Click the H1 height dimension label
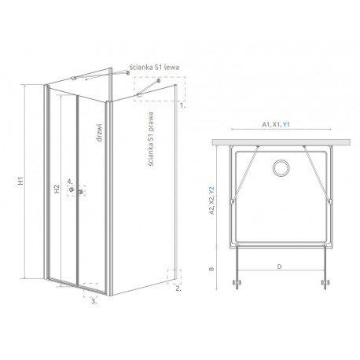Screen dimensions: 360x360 point(21,182)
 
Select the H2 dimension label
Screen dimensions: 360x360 point(57,189)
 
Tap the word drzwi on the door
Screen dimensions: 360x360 point(99,133)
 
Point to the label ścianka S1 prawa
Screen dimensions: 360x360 point(150,139)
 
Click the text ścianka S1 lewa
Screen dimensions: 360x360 point(154,68)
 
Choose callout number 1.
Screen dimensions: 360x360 point(182,105)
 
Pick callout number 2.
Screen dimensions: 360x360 point(178,288)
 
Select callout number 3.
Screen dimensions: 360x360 point(94,301)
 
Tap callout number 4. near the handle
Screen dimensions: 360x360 point(70,181)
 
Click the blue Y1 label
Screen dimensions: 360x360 point(286,125)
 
